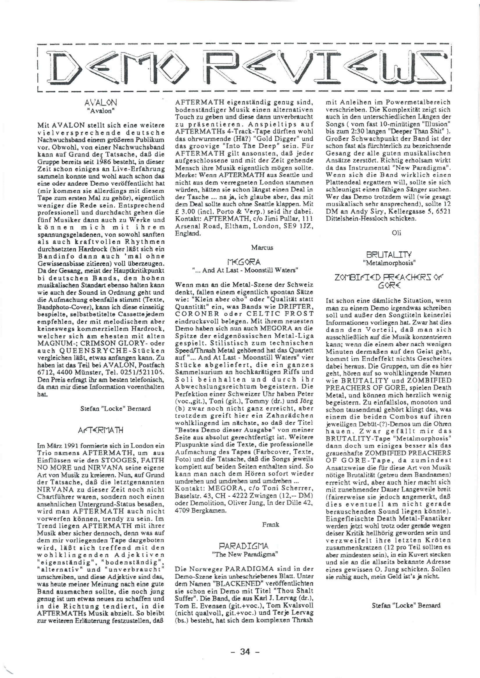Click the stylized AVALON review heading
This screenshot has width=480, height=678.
tap(101, 103)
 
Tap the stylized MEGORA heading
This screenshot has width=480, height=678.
tap(244, 262)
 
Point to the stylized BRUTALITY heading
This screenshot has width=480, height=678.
tap(388, 254)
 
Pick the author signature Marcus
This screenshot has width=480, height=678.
tap(262, 248)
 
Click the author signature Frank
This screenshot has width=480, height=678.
tap(270, 524)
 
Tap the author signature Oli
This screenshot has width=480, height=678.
tap(396, 233)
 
